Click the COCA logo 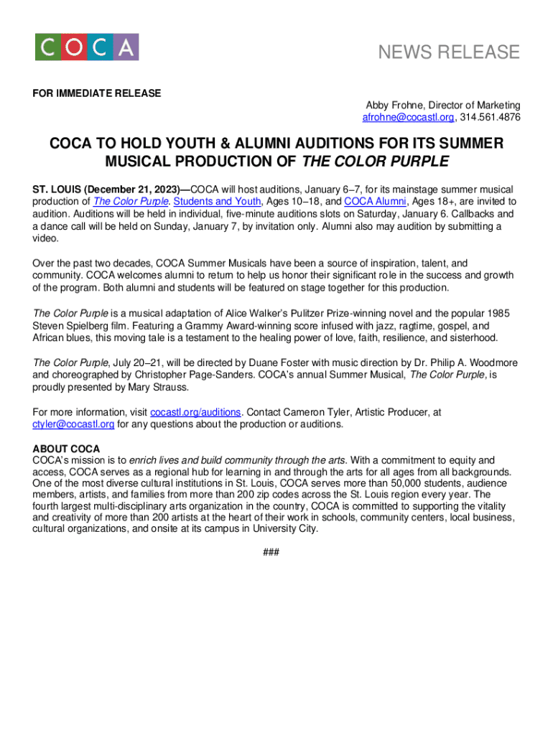tap(87, 47)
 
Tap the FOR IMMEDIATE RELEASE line tap(97, 93)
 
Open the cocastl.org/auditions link tap(196, 412)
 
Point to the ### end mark tap(271, 552)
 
